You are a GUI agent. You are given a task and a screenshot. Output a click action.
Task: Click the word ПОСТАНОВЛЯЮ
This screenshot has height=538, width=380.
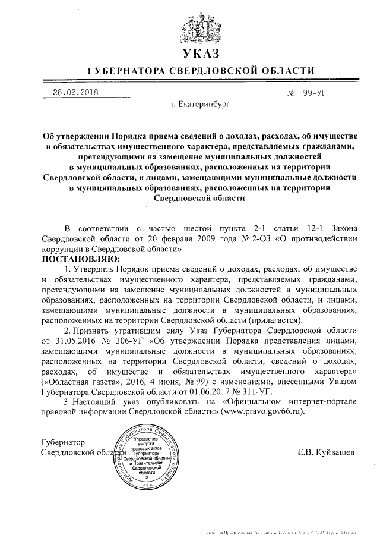point(80,260)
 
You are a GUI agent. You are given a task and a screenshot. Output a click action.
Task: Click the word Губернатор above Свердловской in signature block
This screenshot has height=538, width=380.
point(62,443)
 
